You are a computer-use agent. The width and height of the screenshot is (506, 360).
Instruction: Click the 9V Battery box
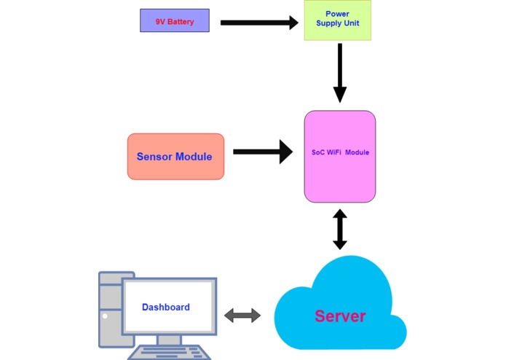tap(175, 20)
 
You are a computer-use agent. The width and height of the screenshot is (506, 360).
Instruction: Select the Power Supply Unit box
tap(337, 21)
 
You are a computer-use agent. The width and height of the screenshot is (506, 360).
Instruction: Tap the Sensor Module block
tap(175, 156)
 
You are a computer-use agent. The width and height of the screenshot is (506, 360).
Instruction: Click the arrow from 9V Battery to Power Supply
tap(258, 23)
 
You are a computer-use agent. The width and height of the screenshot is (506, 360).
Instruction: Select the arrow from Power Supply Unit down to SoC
tap(339, 72)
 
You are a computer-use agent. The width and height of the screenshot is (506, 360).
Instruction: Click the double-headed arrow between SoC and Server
tap(339, 229)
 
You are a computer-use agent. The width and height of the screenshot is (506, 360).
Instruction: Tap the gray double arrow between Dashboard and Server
tap(242, 316)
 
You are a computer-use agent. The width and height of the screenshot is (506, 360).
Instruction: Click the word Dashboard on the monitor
tap(166, 307)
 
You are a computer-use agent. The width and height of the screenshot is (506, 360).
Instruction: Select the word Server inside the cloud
tap(340, 316)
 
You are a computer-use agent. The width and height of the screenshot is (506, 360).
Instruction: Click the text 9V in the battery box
tap(160, 22)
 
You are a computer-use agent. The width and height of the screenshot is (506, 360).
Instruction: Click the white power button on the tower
tap(105, 316)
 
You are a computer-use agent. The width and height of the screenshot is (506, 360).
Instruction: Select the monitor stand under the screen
tap(169, 340)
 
